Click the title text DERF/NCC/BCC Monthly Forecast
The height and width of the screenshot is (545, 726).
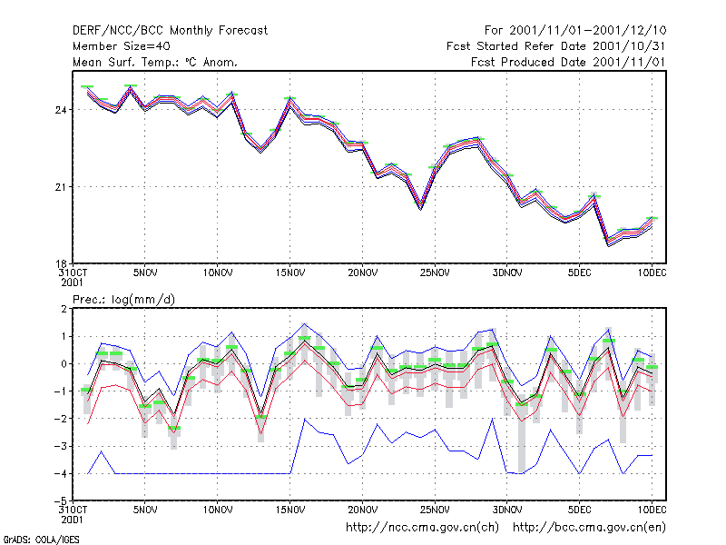pyautogui.click(x=170, y=31)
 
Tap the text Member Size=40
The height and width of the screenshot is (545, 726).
pyautogui.click(x=122, y=46)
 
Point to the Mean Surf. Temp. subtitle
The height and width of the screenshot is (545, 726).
pyautogui.click(x=154, y=62)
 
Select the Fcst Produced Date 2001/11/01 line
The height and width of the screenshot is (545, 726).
pyautogui.click(x=568, y=62)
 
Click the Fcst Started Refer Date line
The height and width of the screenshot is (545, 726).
pyautogui.click(x=555, y=46)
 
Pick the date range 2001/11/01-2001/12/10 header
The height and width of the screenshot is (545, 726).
pyautogui.click(x=575, y=31)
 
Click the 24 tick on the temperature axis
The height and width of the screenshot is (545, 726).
pyautogui.click(x=61, y=110)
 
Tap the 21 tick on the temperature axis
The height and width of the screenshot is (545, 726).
pyautogui.click(x=61, y=187)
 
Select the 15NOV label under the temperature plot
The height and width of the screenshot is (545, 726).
pyautogui.click(x=290, y=272)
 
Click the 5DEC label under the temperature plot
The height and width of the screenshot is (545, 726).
pyautogui.click(x=579, y=272)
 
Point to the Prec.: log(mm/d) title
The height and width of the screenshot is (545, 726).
pyautogui.click(x=123, y=300)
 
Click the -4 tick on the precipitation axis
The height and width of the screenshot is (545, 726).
pyautogui.click(x=61, y=473)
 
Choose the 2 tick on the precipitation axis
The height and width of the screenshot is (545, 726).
pyautogui.click(x=64, y=309)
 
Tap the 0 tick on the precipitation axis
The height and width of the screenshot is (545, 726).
pyautogui.click(x=64, y=364)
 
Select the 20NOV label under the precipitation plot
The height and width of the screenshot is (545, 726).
pyautogui.click(x=362, y=510)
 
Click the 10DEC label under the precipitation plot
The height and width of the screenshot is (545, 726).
pyautogui.click(x=652, y=510)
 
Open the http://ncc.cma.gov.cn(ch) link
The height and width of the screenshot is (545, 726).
pyautogui.click(x=422, y=528)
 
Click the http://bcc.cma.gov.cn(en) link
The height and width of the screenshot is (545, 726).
pyautogui.click(x=589, y=528)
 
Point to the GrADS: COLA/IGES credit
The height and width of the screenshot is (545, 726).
pyautogui.click(x=41, y=540)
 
